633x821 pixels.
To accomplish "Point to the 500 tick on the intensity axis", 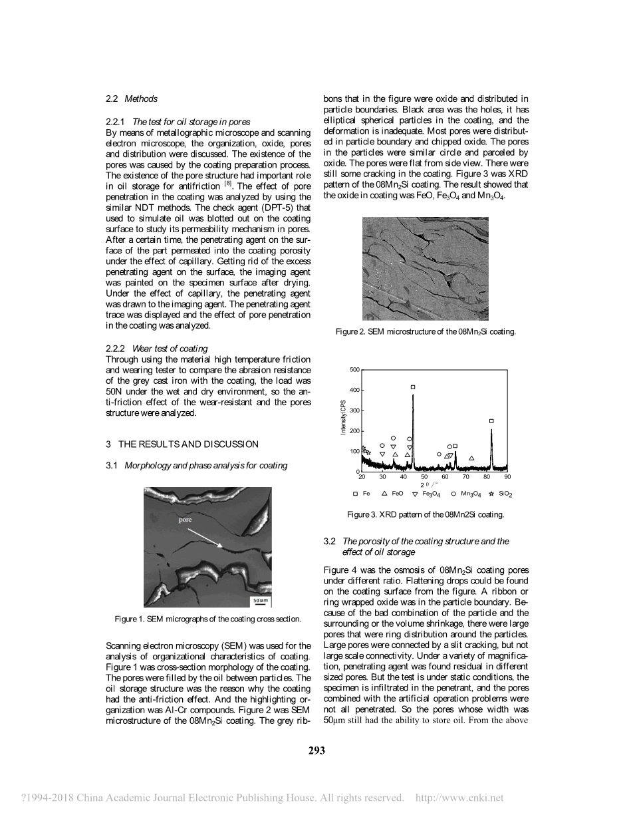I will (x=354, y=369).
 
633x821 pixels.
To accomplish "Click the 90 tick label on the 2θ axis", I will (x=507, y=477).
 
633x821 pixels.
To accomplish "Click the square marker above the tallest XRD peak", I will (x=413, y=387).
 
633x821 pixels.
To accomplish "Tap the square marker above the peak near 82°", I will (x=491, y=420).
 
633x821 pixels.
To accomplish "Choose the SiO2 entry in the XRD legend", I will (x=501, y=494).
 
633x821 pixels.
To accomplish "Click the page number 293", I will (x=316, y=750).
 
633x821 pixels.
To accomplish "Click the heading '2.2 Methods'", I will (x=132, y=98).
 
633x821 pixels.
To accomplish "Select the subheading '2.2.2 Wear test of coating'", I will (x=157, y=348).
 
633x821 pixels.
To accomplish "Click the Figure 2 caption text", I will (x=426, y=331).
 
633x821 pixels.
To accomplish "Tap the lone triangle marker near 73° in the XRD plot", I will (x=471, y=458).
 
